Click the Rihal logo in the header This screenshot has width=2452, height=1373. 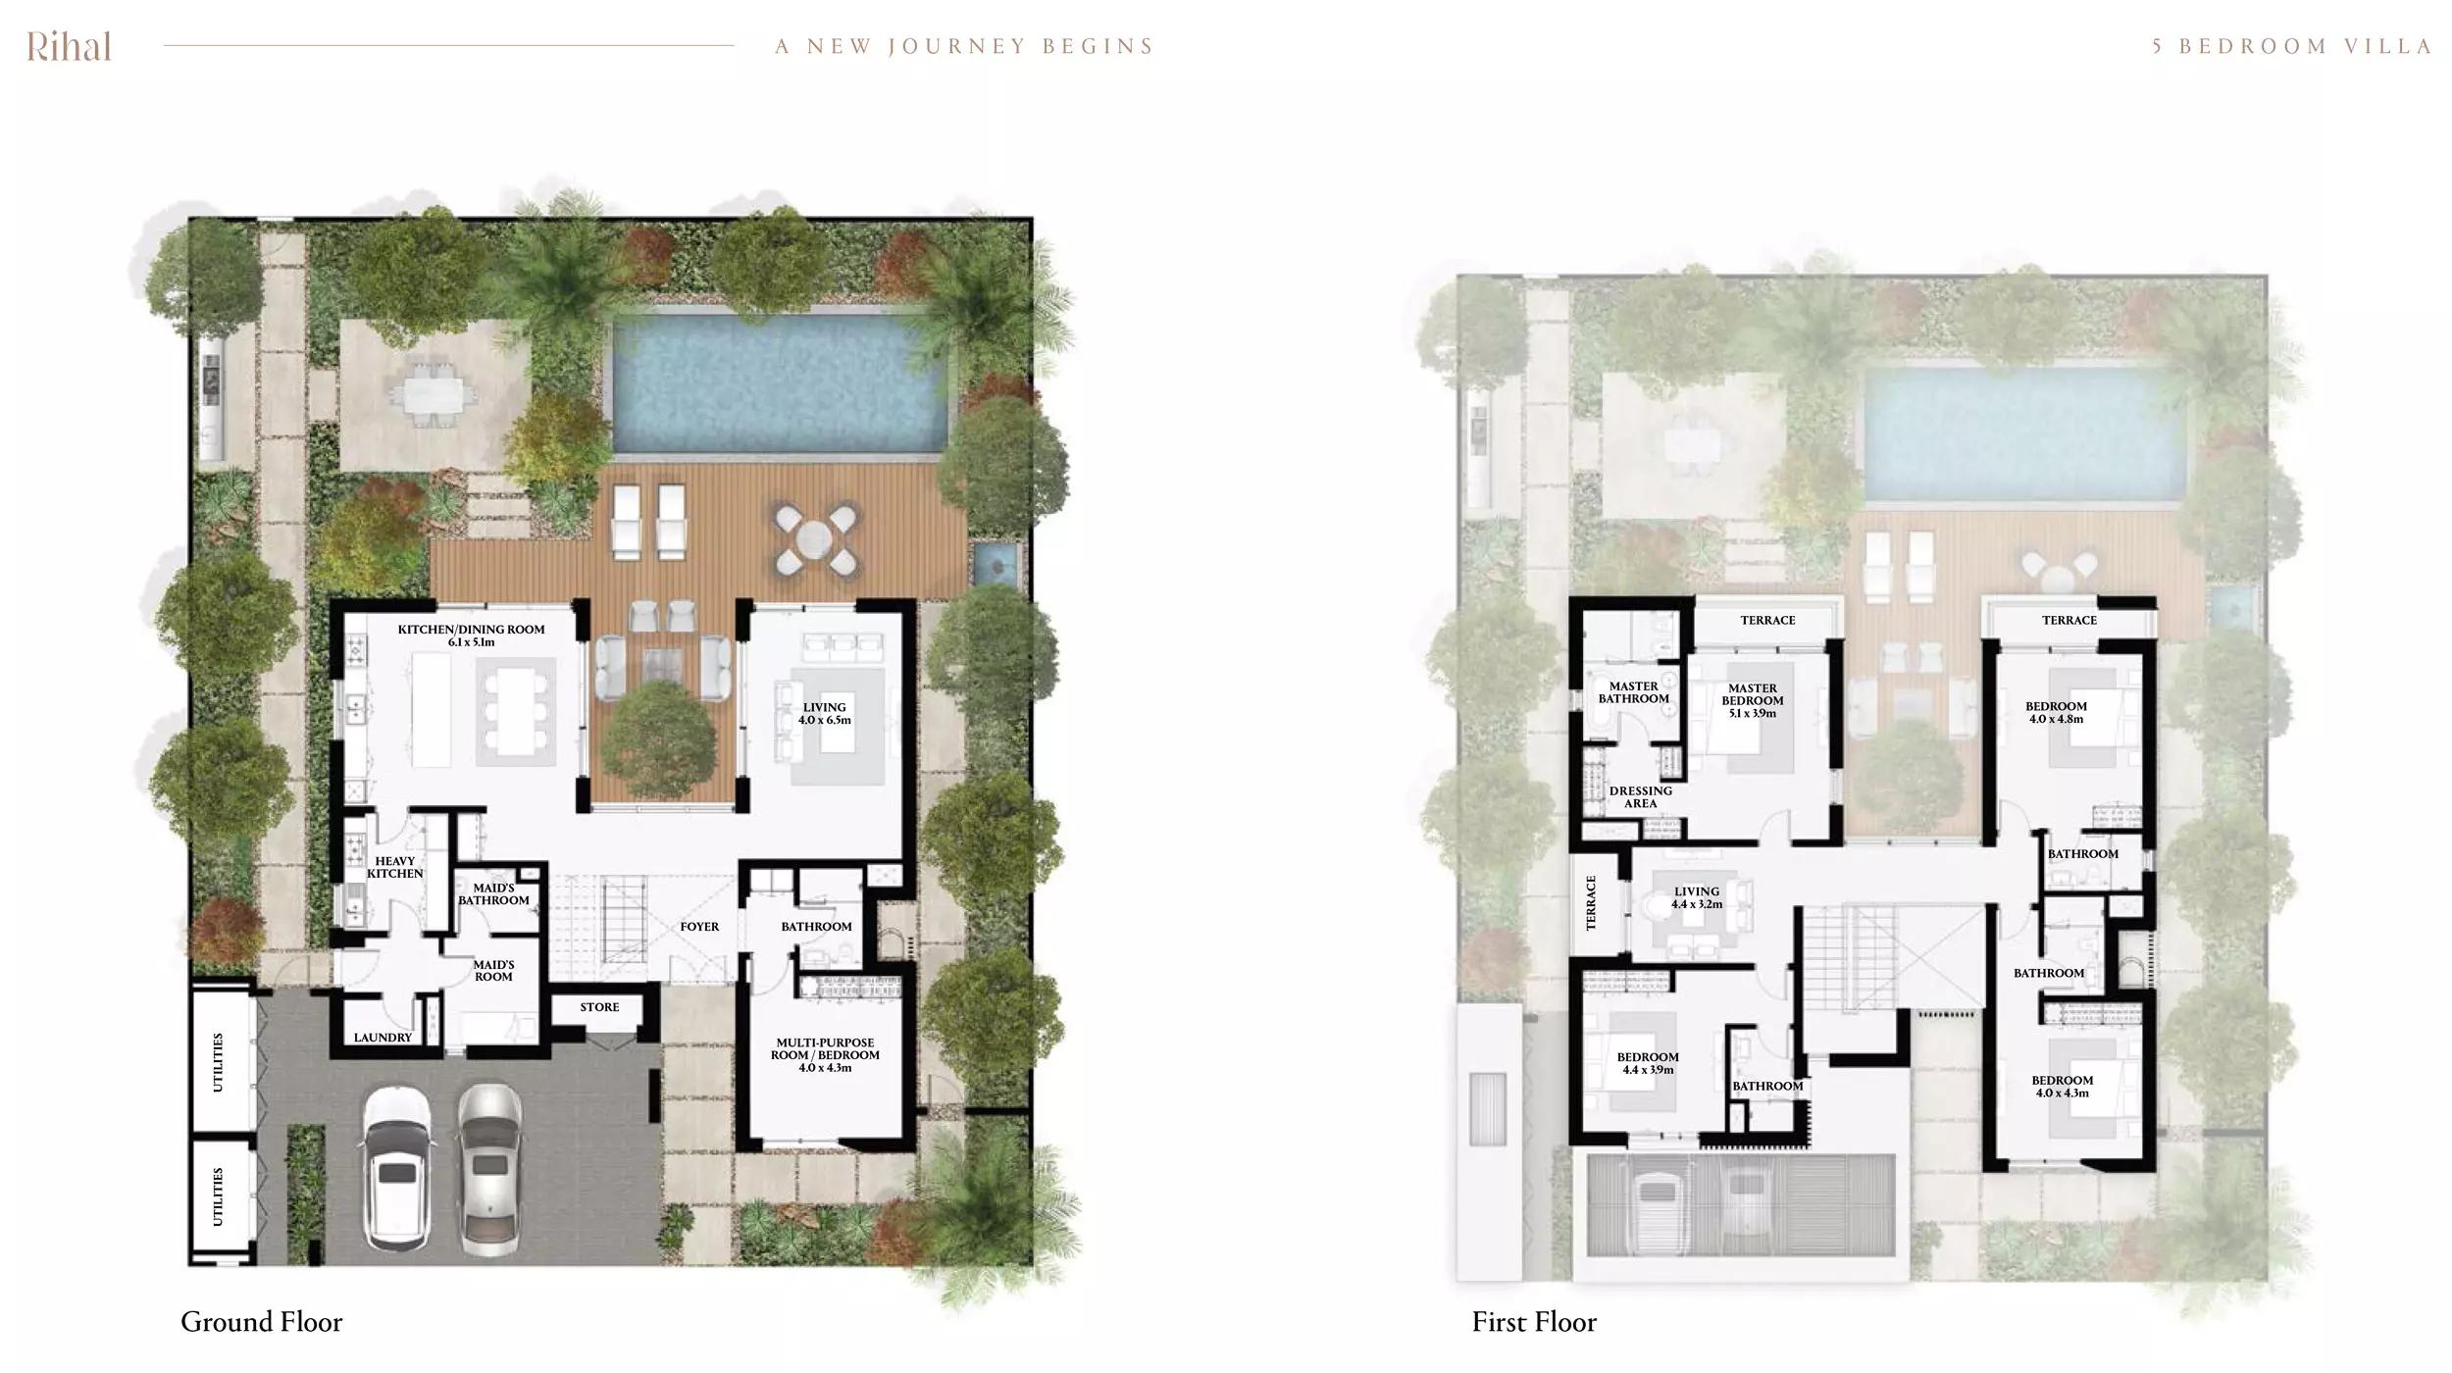tap(69, 46)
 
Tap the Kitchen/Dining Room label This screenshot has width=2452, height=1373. tap(471, 636)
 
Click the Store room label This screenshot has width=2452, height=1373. tap(599, 1007)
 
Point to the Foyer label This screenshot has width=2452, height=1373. tap(699, 927)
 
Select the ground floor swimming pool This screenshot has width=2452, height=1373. tap(780, 382)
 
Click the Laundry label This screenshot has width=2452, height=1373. tap(383, 1038)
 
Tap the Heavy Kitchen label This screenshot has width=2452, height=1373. tap(394, 867)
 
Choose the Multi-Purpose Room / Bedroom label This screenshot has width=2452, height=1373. tap(825, 1055)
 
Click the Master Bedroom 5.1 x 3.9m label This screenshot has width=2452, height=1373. tap(1752, 700)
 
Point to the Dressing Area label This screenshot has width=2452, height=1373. tap(1640, 797)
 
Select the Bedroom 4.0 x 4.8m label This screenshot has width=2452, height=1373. tap(2056, 712)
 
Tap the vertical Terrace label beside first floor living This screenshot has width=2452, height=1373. tap(1591, 902)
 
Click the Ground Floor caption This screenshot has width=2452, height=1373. tap(262, 1322)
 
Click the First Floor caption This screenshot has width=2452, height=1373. tap(1534, 1322)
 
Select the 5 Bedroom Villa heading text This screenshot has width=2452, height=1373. tap(2291, 46)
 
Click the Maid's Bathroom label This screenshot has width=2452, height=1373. tap(493, 894)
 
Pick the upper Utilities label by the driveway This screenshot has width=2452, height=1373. tap(219, 1062)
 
